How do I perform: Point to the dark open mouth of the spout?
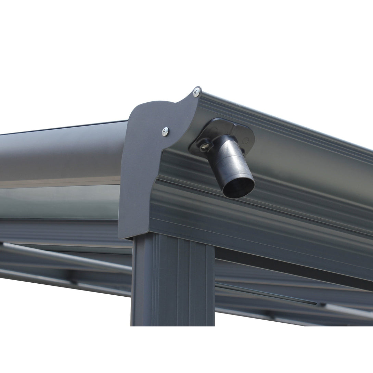tap(239, 187)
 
